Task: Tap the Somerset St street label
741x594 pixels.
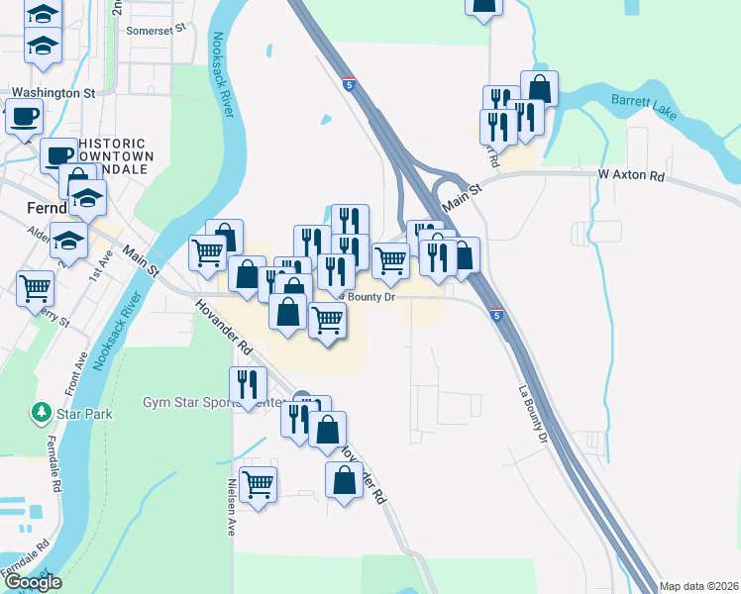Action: pos(157,31)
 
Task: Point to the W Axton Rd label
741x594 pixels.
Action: pos(631,175)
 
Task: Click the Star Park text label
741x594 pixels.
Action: pos(80,410)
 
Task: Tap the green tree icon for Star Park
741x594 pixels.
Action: pos(42,410)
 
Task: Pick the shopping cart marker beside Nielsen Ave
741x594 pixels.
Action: pos(258,484)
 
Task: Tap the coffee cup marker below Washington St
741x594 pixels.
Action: pos(23,116)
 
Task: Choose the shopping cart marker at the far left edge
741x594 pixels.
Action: pos(35,288)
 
